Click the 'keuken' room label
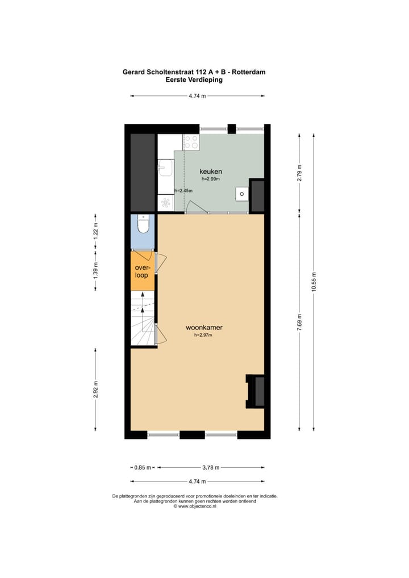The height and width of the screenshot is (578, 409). point(210,171)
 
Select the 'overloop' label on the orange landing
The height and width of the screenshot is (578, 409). point(141,271)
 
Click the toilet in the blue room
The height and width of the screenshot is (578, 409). point(144,225)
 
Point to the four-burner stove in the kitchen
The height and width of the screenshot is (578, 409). point(191,142)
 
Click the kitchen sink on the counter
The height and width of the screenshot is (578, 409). point(165,168)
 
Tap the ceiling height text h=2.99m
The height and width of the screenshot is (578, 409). point(210,179)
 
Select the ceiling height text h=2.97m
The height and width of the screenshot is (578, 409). point(203,336)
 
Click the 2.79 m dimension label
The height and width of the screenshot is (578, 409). point(299,172)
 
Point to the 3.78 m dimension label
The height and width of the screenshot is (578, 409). point(211,468)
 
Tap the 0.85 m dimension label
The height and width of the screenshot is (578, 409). point(142,468)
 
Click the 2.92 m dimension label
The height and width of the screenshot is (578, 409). point(95,390)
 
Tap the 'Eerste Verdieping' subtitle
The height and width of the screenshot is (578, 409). point(194,80)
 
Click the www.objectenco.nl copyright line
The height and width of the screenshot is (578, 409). point(195,506)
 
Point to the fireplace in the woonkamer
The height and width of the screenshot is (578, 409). point(255,391)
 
